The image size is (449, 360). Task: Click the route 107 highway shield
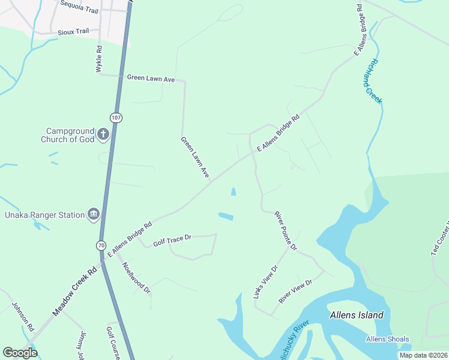click(x=116, y=117)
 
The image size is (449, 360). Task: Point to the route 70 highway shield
click(x=102, y=245)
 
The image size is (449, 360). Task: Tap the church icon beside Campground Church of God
click(x=103, y=134)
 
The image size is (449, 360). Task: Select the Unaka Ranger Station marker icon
click(x=93, y=215)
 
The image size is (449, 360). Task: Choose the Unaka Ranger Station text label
click(x=45, y=215)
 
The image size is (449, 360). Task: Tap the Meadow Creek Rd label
click(x=74, y=293)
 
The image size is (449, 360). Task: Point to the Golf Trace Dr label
click(x=172, y=241)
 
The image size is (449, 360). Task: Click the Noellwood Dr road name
click(x=136, y=278)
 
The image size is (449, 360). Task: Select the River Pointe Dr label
click(x=286, y=230)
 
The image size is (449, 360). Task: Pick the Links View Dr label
click(x=265, y=283)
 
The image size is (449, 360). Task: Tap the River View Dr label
click(x=295, y=291)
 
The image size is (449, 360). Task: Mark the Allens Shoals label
click(x=388, y=340)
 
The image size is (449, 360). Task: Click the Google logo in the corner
click(x=20, y=353)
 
